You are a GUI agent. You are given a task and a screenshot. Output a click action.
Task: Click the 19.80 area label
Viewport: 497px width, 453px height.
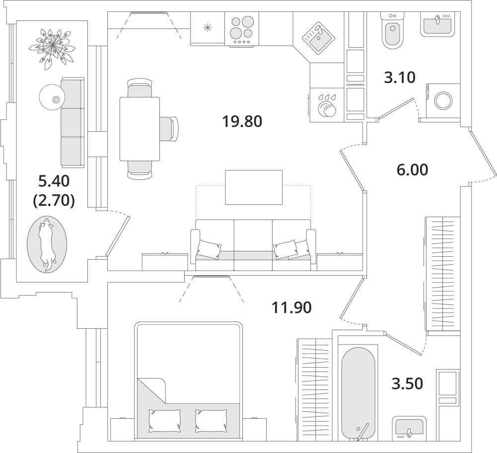pos(242,121)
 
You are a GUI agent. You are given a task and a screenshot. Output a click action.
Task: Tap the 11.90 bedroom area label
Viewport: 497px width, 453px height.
pos(291,307)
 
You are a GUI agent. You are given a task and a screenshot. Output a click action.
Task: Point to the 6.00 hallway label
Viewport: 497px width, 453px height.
pos(412,170)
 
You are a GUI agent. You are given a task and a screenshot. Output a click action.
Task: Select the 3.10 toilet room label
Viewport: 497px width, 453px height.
pos(399,77)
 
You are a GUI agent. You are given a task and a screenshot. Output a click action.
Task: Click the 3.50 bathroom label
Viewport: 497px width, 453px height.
pos(407,383)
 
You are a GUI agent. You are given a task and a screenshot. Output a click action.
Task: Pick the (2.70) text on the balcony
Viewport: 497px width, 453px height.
pos(54,200)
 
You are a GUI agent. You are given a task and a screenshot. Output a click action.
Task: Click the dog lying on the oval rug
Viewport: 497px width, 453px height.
pos(47,244)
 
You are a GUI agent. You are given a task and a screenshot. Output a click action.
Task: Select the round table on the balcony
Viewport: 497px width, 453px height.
pos(52,97)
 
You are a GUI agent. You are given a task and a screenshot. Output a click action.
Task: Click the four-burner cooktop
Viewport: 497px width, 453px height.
pos(242,29)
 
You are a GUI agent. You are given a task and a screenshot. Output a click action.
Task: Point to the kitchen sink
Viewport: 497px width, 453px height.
pos(318,38)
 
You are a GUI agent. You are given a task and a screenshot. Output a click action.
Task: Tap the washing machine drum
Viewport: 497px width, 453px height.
pos(442,100)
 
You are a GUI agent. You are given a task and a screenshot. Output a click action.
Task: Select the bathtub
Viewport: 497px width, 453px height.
pos(358,393)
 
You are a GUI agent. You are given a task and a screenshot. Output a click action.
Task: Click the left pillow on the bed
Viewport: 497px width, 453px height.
pos(165,421)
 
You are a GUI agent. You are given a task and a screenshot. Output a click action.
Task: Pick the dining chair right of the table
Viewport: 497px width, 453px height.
pos(169,129)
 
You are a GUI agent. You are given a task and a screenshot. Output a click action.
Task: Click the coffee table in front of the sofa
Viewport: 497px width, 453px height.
pos(254,187)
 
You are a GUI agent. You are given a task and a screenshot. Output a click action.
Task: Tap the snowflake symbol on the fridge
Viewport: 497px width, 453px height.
pos(208,28)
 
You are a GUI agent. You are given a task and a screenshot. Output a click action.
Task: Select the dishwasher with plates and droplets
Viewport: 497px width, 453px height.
pos(327,105)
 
